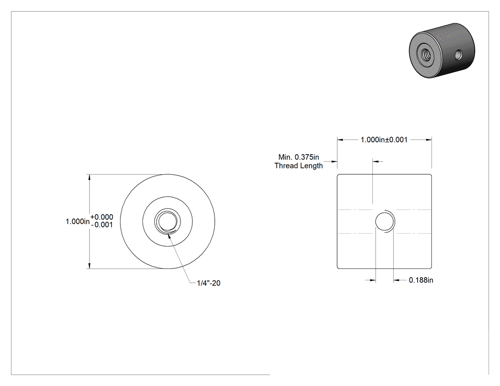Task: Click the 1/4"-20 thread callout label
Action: coord(209,283)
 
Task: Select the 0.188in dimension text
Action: coord(421,280)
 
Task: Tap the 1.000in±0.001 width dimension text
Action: coord(384,139)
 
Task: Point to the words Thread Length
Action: coord(299,166)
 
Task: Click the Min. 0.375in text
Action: coord(299,157)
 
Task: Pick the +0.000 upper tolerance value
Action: coord(102,217)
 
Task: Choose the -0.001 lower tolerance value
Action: coord(102,225)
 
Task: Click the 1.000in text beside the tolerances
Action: coord(78,221)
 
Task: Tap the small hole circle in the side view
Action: coord(384,221)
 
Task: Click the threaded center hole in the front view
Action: coord(168,221)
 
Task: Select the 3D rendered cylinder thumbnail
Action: coord(442,50)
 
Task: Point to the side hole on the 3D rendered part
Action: coord(459,55)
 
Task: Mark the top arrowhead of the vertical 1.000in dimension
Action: coord(90,177)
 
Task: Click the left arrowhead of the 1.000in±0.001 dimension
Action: coord(340,139)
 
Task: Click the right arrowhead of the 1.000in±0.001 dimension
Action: coord(429,139)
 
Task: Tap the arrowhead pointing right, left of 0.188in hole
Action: coord(372,280)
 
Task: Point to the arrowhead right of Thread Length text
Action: coord(334,162)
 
